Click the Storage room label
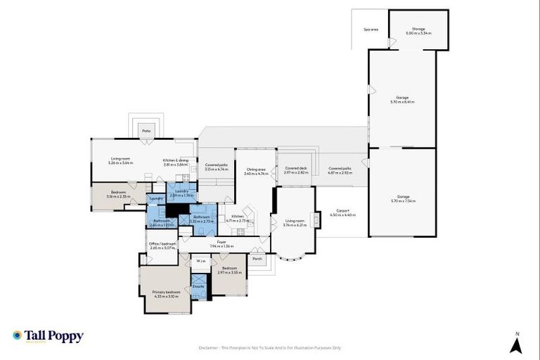pos(418,31)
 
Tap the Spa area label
pos(371,30)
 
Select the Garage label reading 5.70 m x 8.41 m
pos(402,99)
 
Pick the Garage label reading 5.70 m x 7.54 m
pos(402,198)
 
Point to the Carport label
pos(343,212)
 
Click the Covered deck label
pos(296,170)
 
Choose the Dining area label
pos(255,170)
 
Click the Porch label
pos(257,257)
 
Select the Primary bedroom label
pos(166,293)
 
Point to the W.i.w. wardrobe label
pos(201,262)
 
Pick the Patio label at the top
pos(146,130)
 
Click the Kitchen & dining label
pos(176,162)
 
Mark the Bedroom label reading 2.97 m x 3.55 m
pos(229,270)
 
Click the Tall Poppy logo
pos(48,336)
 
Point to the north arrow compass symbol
pos(516,344)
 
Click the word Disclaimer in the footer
pos(211,347)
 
